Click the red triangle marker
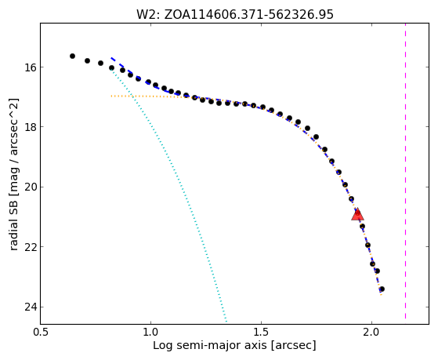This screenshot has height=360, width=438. point(357,215)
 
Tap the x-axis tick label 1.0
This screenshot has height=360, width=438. point(150,333)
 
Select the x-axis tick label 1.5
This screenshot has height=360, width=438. point(261,333)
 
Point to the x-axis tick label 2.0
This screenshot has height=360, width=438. point(371,333)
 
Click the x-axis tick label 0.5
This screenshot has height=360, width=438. point(41,333)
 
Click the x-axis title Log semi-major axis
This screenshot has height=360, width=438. point(209,346)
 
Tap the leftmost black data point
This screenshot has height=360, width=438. point(72,56)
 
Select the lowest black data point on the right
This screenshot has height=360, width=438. point(382,289)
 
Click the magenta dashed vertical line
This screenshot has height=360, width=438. point(405,171)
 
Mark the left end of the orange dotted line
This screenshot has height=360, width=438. point(111,96)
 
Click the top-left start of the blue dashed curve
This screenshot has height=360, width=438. point(111,57)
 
